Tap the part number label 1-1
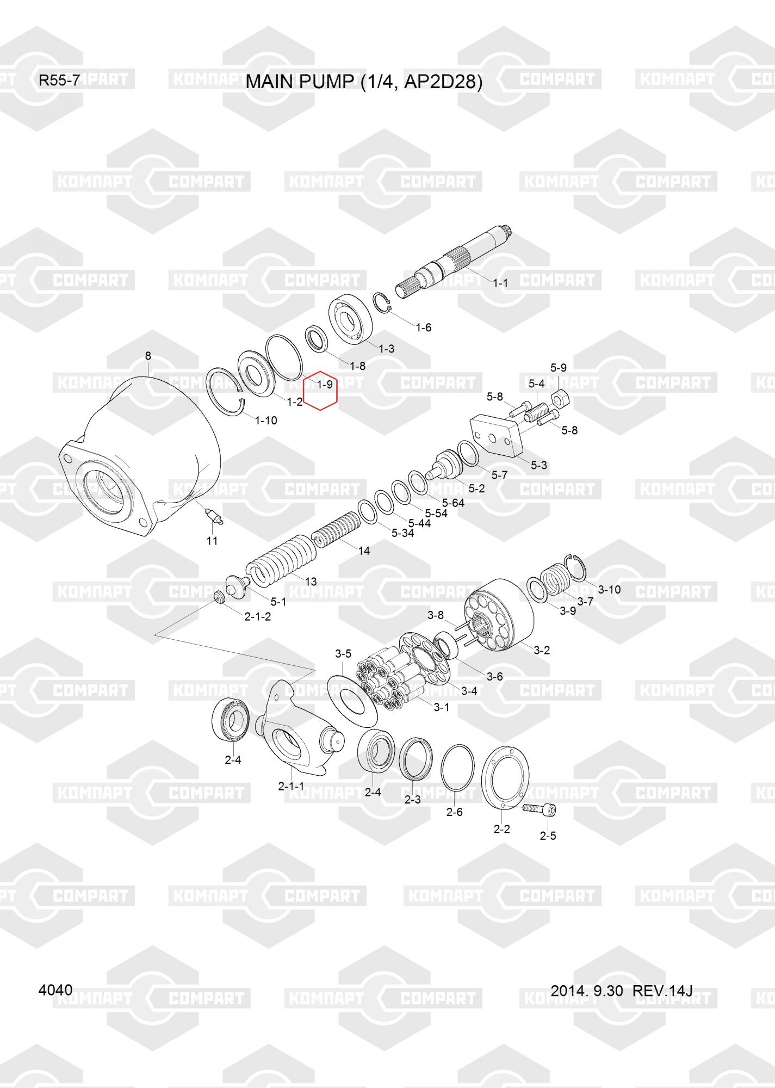coord(500,283)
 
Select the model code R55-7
coord(59,81)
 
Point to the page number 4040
coord(55,990)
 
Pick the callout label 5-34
coord(402,533)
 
